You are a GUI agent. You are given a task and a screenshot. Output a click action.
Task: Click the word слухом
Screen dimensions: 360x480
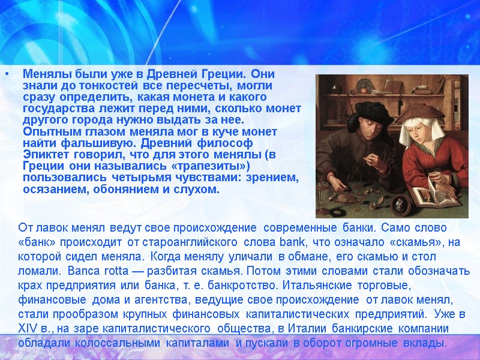point(199,189)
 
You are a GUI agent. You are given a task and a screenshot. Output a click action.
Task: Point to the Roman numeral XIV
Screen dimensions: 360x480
point(29,331)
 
